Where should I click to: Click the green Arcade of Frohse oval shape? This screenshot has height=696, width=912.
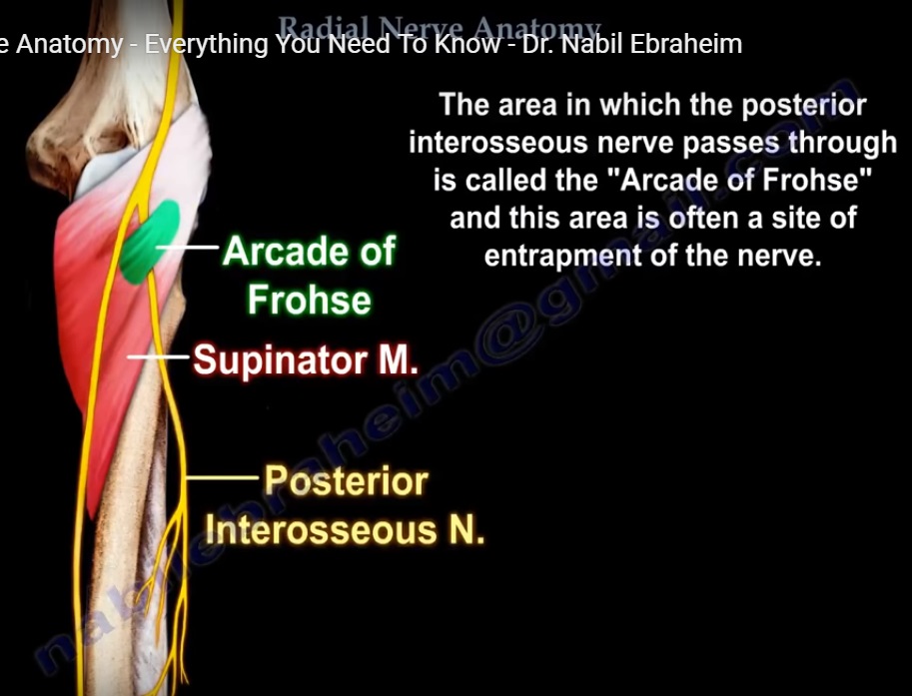[151, 241]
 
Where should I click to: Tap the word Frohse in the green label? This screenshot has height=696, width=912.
[309, 299]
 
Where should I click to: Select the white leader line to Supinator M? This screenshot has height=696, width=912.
[160, 355]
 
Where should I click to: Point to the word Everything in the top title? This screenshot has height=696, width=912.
[204, 45]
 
